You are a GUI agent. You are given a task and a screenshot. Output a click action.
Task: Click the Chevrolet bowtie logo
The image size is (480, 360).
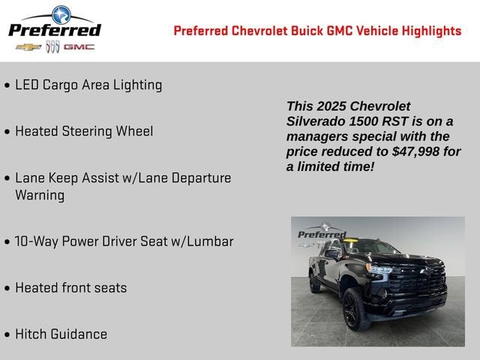pyautogui.click(x=28, y=46)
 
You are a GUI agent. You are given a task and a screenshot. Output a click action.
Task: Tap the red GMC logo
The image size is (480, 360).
pyautogui.click(x=79, y=46)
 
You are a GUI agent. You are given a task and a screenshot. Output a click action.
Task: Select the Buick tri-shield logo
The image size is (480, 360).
pyautogui.click(x=52, y=46)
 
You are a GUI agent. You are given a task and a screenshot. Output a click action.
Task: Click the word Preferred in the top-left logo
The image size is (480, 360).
pyautogui.click(x=54, y=29)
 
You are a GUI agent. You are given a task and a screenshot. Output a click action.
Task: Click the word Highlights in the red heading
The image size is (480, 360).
pyautogui.click(x=425, y=31)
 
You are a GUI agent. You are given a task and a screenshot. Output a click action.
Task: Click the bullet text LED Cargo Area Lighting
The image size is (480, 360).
pyautogui.click(x=88, y=85)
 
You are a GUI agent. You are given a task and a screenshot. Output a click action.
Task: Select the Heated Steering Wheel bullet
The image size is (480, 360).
pyautogui.click(x=84, y=131)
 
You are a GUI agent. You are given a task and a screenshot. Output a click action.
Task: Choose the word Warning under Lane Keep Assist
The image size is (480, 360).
pyautogui.click(x=40, y=195)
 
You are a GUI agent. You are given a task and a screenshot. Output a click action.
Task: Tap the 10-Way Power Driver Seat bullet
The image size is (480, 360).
pyautogui.click(x=124, y=241)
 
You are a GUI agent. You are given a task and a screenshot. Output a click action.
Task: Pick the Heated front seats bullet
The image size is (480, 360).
pyautogui.click(x=71, y=288)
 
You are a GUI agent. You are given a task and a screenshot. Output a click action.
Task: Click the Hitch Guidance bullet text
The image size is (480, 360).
pyautogui.click(x=61, y=334)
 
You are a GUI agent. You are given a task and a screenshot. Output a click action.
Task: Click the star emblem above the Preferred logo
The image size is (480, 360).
pyautogui.click(x=59, y=13)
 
